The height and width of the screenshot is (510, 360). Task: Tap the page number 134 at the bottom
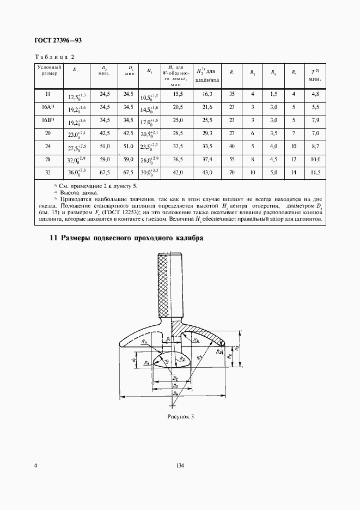tap(180, 465)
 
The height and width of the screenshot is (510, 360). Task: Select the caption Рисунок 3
tap(180, 417)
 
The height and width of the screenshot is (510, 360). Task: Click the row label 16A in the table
tap(47, 107)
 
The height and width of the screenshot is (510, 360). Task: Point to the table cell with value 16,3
tap(207, 94)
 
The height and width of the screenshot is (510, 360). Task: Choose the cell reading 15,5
tap(178, 94)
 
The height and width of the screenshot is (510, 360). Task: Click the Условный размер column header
tap(47, 71)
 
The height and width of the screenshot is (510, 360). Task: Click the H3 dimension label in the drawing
tap(243, 349)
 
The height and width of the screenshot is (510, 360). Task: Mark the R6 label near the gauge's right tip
tap(218, 352)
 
